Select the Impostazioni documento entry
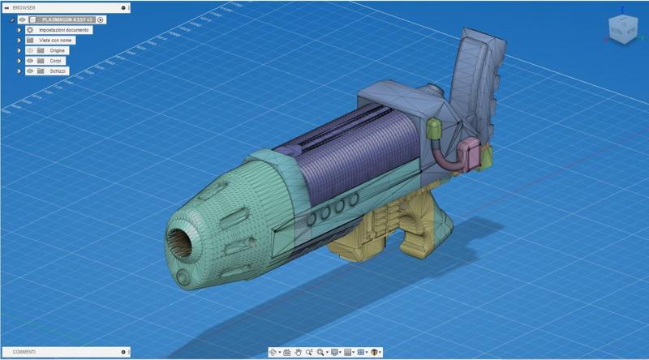[x=65, y=30]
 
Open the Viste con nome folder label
[x=56, y=40]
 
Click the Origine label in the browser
[x=57, y=50]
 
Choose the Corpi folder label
[x=55, y=61]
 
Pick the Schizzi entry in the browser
[x=57, y=71]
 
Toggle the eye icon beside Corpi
[x=30, y=61]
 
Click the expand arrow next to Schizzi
[x=19, y=71]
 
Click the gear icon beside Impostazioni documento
[x=30, y=30]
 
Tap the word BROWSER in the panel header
[x=24, y=7]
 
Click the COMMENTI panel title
[x=24, y=352]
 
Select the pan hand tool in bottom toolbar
[x=299, y=353]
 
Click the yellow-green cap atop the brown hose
[x=434, y=127]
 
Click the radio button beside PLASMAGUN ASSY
[x=101, y=19]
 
